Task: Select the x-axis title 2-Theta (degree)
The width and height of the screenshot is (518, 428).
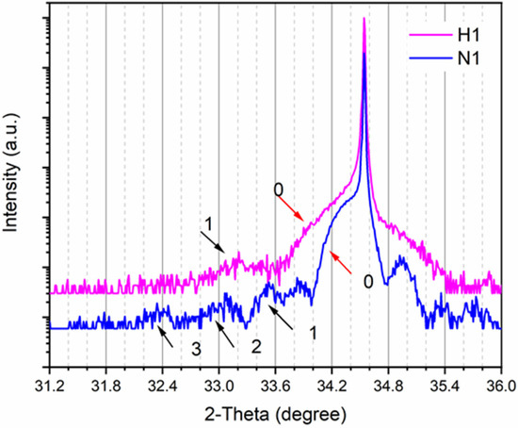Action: tap(274, 413)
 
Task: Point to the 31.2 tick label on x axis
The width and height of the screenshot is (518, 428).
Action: tap(49, 387)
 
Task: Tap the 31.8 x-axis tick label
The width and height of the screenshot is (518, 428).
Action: tap(105, 387)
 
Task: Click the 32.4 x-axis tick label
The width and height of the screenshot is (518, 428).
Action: tap(162, 387)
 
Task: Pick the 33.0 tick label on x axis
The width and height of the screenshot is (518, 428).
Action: tap(219, 387)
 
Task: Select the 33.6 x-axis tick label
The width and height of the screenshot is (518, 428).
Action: tap(275, 387)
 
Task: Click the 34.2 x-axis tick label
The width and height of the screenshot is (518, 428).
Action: tap(332, 387)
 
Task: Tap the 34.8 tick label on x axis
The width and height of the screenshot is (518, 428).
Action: tap(388, 387)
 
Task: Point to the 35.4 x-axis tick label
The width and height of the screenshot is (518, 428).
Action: tap(445, 387)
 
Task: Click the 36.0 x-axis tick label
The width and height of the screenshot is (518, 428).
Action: tap(500, 387)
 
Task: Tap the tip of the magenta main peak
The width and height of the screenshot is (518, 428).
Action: tap(364, 20)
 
